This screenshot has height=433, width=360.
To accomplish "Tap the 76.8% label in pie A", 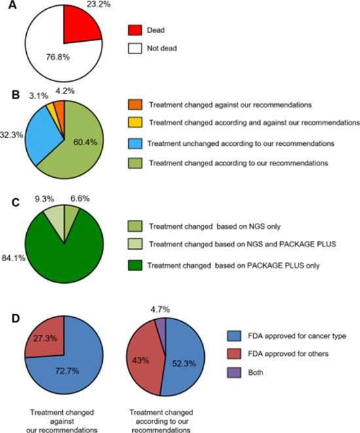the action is click(58, 57).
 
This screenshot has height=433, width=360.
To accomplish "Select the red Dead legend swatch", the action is click(135, 30).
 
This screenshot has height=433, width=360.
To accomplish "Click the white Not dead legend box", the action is click(135, 48).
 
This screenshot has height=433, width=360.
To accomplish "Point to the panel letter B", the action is click(16, 94).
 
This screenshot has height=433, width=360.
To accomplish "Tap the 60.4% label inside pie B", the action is click(85, 142).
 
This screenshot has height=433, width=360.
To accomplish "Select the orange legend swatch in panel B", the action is click(135, 105).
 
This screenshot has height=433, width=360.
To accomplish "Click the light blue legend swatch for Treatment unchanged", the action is click(135, 143).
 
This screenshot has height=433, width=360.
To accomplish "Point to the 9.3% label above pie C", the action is click(45, 199).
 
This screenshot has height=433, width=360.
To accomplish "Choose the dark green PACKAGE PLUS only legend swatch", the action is click(135, 265).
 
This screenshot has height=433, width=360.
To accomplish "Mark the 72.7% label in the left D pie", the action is click(67, 371).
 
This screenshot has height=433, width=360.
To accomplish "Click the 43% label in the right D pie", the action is click(141, 360).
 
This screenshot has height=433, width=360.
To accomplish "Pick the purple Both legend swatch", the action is click(234, 372).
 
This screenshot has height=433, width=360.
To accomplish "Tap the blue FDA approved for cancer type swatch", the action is click(234, 336).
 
